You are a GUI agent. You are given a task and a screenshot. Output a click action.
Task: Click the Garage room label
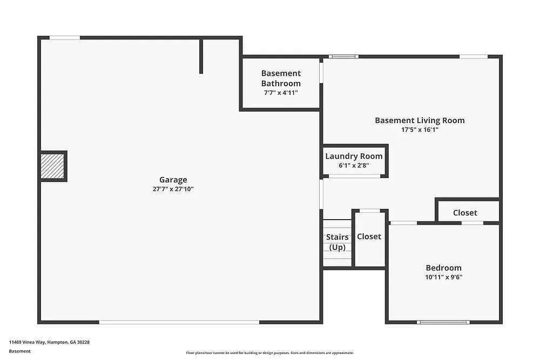[173, 180]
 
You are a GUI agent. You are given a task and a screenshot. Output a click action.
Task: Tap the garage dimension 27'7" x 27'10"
[173, 189]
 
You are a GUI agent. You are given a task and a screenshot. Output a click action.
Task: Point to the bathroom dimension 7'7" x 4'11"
[281, 93]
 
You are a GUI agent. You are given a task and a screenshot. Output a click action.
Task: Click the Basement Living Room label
[420, 120]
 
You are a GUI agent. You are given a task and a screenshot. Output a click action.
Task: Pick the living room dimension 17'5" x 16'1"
[420, 130]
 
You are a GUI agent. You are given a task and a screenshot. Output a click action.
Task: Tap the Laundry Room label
[354, 157]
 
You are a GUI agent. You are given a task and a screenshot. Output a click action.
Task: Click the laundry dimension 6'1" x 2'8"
[354, 166]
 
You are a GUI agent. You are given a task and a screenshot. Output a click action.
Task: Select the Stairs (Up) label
[337, 242]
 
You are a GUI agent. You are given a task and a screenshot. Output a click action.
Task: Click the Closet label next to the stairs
[369, 236]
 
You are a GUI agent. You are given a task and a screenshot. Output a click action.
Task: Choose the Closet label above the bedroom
[465, 213]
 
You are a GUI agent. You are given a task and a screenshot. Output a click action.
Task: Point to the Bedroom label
[443, 268]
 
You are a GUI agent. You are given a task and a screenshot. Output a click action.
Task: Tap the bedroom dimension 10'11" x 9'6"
[443, 277]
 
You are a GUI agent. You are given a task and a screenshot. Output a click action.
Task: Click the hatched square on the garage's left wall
[53, 166]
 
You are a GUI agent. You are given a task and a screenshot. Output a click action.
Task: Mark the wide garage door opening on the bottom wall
[179, 322]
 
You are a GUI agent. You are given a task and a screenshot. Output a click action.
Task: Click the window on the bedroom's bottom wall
[443, 322]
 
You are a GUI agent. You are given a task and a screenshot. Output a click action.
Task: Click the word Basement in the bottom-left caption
[19, 351]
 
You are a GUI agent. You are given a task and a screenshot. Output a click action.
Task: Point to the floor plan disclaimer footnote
[269, 353]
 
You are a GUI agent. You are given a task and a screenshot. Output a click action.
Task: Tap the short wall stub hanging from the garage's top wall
[201, 56]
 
